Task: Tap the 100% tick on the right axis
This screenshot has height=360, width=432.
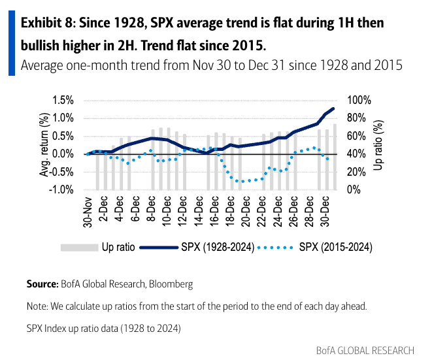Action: pyautogui.click(x=359, y=100)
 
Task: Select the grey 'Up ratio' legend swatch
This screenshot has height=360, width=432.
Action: pyautogui.click(x=77, y=247)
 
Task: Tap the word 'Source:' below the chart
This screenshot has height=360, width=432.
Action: pyautogui.click(x=42, y=285)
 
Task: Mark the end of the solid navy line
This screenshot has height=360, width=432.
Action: pyautogui.click(x=334, y=108)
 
